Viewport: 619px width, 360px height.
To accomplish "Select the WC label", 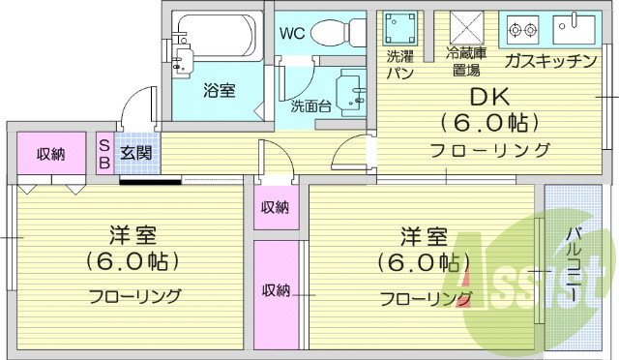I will (292, 33).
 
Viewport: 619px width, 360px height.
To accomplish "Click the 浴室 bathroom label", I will (219, 91).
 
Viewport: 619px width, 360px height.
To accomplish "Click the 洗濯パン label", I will (398, 63).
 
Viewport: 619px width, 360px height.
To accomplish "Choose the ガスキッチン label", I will (549, 62).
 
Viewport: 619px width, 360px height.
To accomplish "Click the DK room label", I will (490, 98).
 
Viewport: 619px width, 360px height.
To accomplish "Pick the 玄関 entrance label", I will (134, 153).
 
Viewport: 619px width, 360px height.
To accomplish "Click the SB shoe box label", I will (103, 153).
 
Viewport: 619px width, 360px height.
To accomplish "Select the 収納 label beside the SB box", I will (51, 154).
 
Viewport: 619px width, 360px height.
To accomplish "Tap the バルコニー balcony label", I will (571, 261).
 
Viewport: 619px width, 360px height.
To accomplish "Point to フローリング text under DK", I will (490, 150).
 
